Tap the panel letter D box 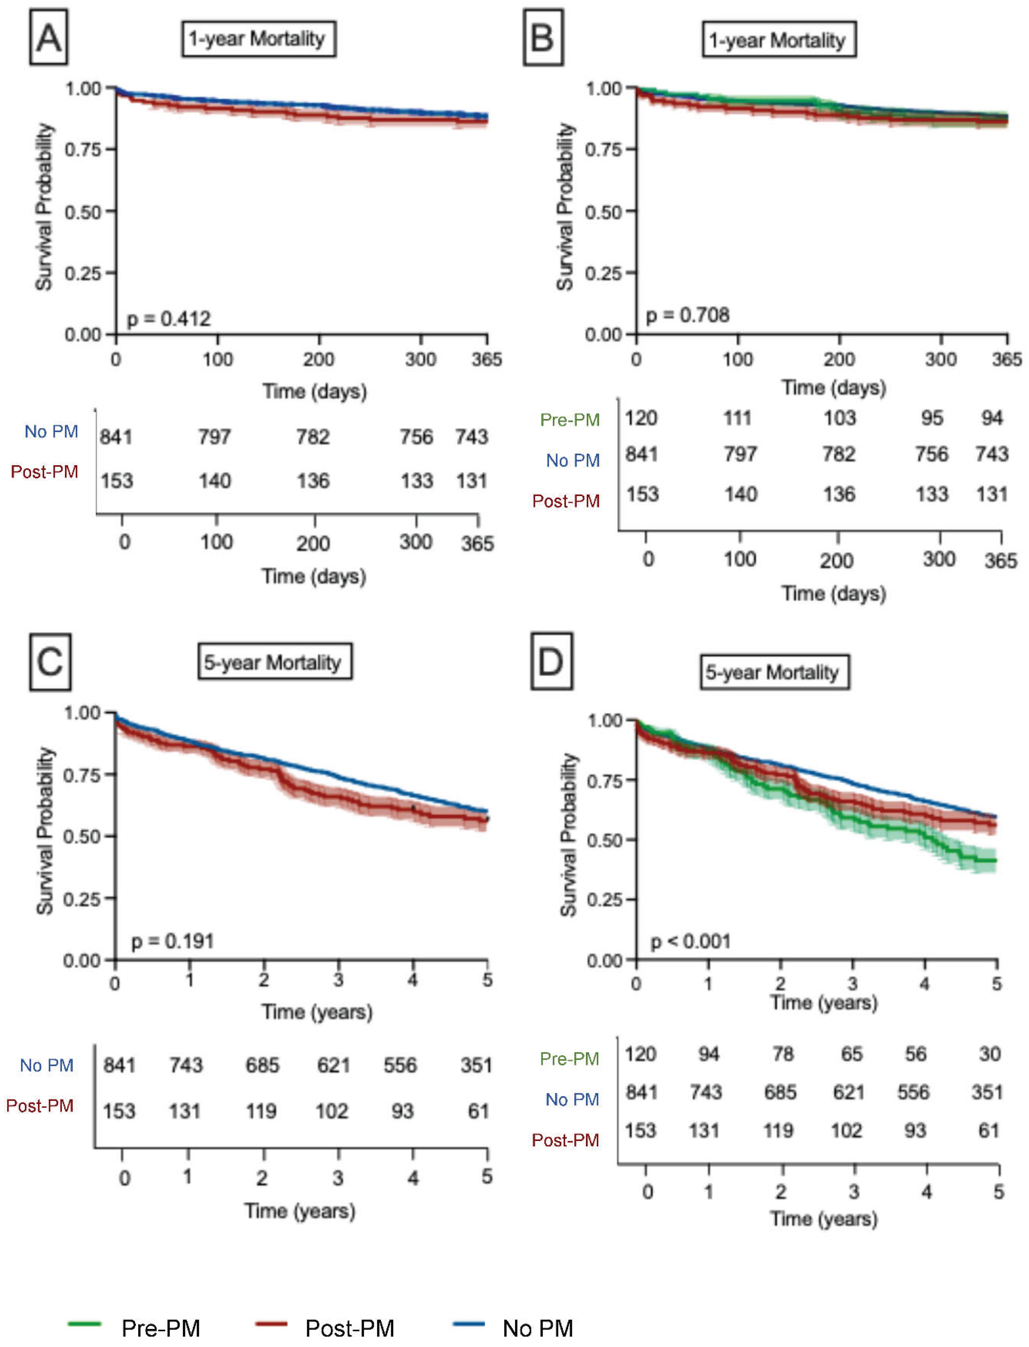click(x=551, y=661)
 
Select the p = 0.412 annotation click(x=168, y=318)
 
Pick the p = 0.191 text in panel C click(x=173, y=941)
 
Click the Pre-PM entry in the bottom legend click(x=160, y=1328)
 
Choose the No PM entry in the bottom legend click(x=537, y=1328)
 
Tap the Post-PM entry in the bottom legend click(x=349, y=1328)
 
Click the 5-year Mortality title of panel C click(x=274, y=661)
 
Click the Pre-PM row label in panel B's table click(x=570, y=420)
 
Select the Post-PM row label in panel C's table click(x=40, y=1106)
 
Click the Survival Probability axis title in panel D click(x=568, y=834)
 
